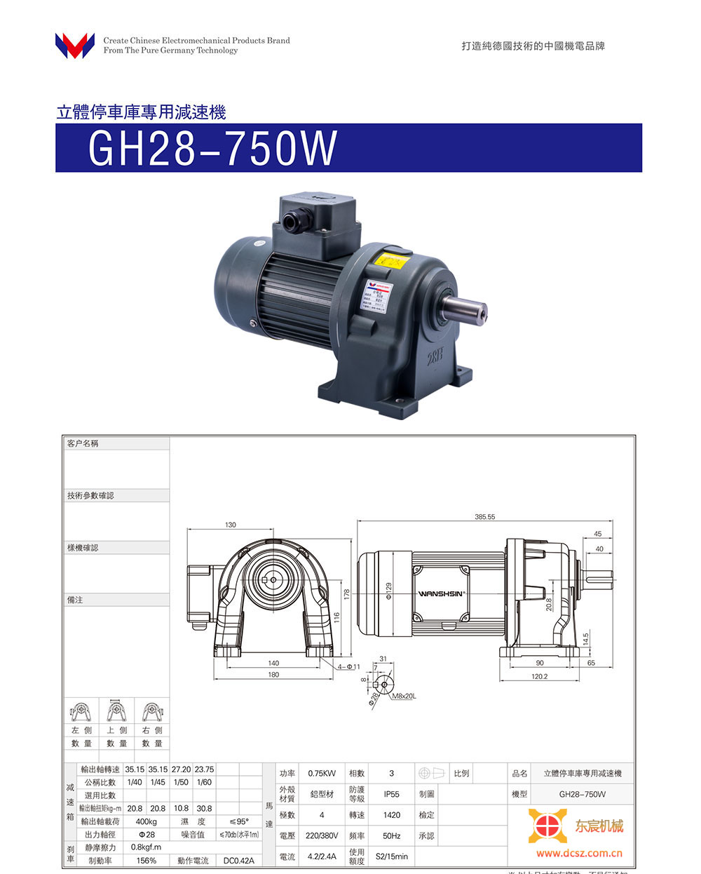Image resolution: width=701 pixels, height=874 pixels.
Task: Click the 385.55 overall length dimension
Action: pyautogui.click(x=484, y=517)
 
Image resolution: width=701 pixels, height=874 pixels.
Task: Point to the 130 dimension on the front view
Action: pyautogui.click(x=231, y=525)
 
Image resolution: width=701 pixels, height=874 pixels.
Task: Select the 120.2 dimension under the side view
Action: pyautogui.click(x=539, y=677)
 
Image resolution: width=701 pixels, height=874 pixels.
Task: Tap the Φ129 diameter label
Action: pyautogui.click(x=388, y=591)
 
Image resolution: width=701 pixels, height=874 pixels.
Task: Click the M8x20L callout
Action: pyautogui.click(x=404, y=696)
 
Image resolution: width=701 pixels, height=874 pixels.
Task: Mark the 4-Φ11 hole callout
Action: pyautogui.click(x=348, y=666)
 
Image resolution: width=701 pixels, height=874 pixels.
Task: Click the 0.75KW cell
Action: pyautogui.click(x=322, y=774)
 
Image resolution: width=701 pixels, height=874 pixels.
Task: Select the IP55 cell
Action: pyautogui.click(x=391, y=794)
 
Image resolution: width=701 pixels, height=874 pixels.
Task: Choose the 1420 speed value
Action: pyautogui.click(x=391, y=815)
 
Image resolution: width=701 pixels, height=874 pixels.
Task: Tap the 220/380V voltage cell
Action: pyautogui.click(x=322, y=835)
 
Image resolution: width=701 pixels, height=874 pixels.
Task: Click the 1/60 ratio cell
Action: pyautogui.click(x=204, y=782)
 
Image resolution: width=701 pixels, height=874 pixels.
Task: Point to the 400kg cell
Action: pyautogui.click(x=147, y=821)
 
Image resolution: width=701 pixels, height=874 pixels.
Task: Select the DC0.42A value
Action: pyautogui.click(x=238, y=861)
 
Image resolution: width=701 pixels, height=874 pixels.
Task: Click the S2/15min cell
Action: pyautogui.click(x=391, y=856)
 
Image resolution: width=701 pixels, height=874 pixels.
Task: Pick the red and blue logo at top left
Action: pyautogui.click(x=74, y=46)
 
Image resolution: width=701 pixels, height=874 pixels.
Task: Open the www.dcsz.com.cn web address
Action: pyautogui.click(x=579, y=854)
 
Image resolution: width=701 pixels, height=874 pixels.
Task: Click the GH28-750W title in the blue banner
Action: pyautogui.click(x=212, y=148)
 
